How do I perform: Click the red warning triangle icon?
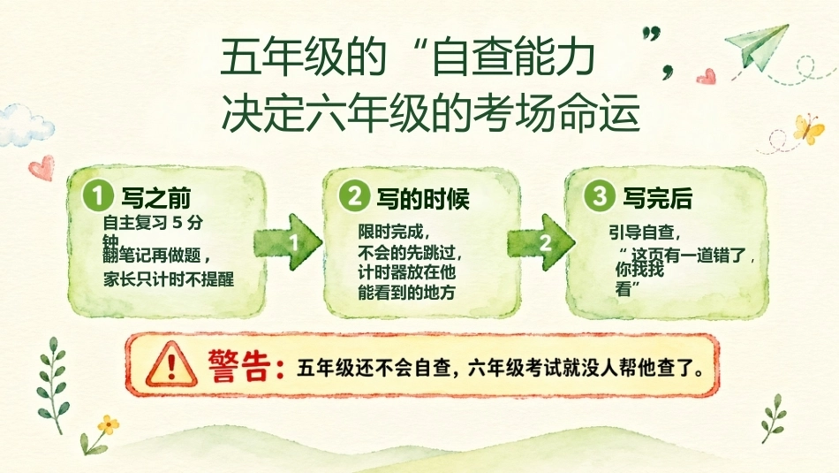(171, 365)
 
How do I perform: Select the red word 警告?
(239, 366)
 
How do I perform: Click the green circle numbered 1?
(97, 195)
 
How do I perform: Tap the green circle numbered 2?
(354, 196)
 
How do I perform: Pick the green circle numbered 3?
(600, 195)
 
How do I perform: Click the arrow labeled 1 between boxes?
(289, 242)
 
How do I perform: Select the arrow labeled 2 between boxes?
(541, 242)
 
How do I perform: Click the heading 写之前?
(156, 199)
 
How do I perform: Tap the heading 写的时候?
(423, 199)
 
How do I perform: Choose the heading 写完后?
(658, 199)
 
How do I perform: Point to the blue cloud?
(26, 125)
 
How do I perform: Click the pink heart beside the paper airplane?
(707, 77)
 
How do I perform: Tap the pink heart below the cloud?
(42, 168)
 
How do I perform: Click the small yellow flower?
(108, 425)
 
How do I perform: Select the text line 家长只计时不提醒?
(169, 279)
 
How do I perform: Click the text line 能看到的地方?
(406, 293)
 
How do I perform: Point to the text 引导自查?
(641, 233)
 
